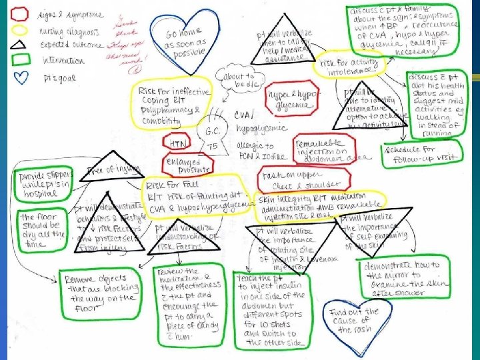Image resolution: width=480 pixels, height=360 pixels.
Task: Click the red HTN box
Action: pos(177,143)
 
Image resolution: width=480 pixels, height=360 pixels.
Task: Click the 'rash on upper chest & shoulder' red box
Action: pos(303,178)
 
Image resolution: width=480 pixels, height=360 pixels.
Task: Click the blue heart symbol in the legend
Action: pos(21,77)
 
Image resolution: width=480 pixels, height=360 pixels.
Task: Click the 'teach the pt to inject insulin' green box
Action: pos(270,307)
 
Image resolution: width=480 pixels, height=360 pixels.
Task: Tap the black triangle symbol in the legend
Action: pos(20,45)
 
